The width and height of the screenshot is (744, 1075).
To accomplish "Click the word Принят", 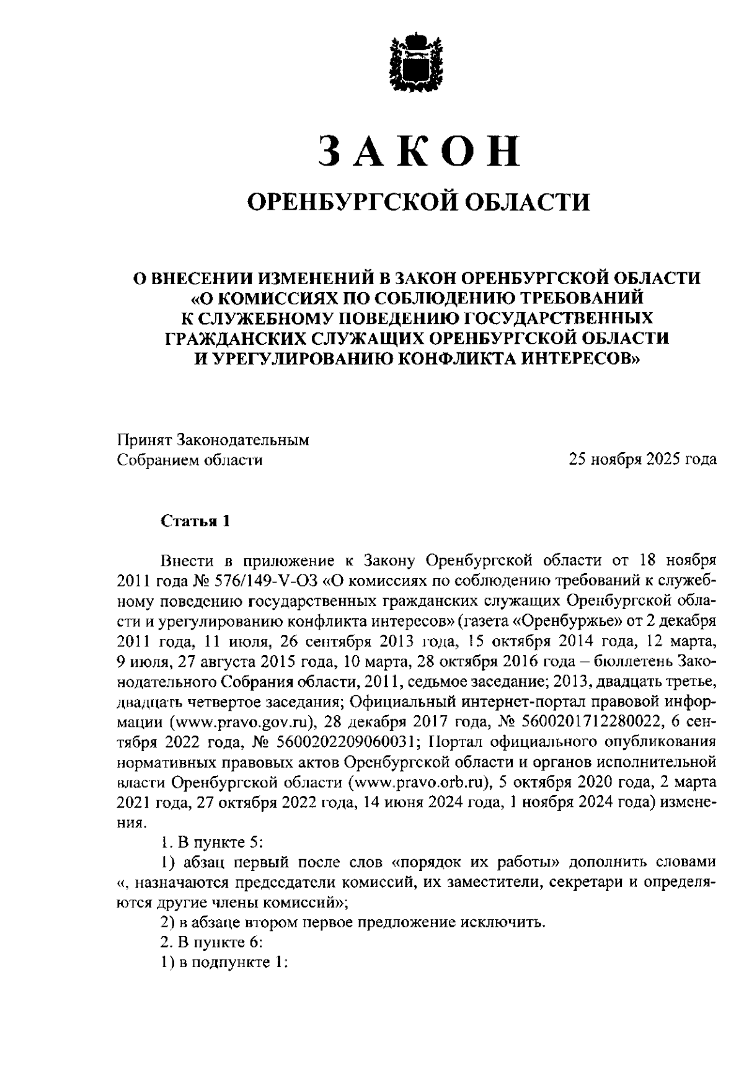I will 144,440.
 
